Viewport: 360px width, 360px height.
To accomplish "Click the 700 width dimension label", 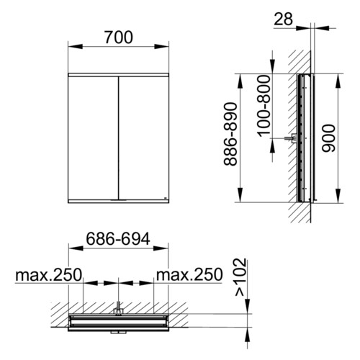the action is coord(119,37).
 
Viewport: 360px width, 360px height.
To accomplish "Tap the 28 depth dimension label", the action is coord(283,19).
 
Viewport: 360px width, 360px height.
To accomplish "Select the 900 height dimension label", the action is coord(328,138).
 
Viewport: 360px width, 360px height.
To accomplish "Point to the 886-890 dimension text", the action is coord(230,134).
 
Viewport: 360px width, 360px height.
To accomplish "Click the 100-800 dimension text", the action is coord(264,106).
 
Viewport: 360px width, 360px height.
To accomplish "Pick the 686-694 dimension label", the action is coord(118,239).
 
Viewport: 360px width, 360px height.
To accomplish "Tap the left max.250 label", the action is coord(49,275).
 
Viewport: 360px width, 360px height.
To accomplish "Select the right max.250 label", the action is coord(189,275).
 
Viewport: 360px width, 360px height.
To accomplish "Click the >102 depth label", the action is coord(240,277).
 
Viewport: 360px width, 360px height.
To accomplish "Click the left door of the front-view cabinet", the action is coord(93,138).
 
